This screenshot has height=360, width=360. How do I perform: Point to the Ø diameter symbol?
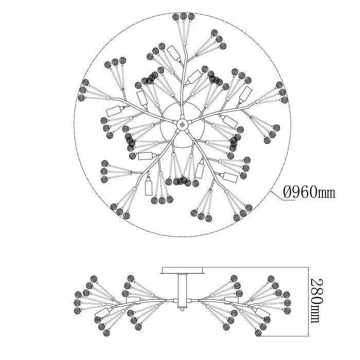coord(289,193)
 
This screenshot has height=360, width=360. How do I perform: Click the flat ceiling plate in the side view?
coord(183,269)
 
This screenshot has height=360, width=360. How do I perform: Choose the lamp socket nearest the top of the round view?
coord(173,52)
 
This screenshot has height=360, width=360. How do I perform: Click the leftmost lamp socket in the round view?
coord(113,111)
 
